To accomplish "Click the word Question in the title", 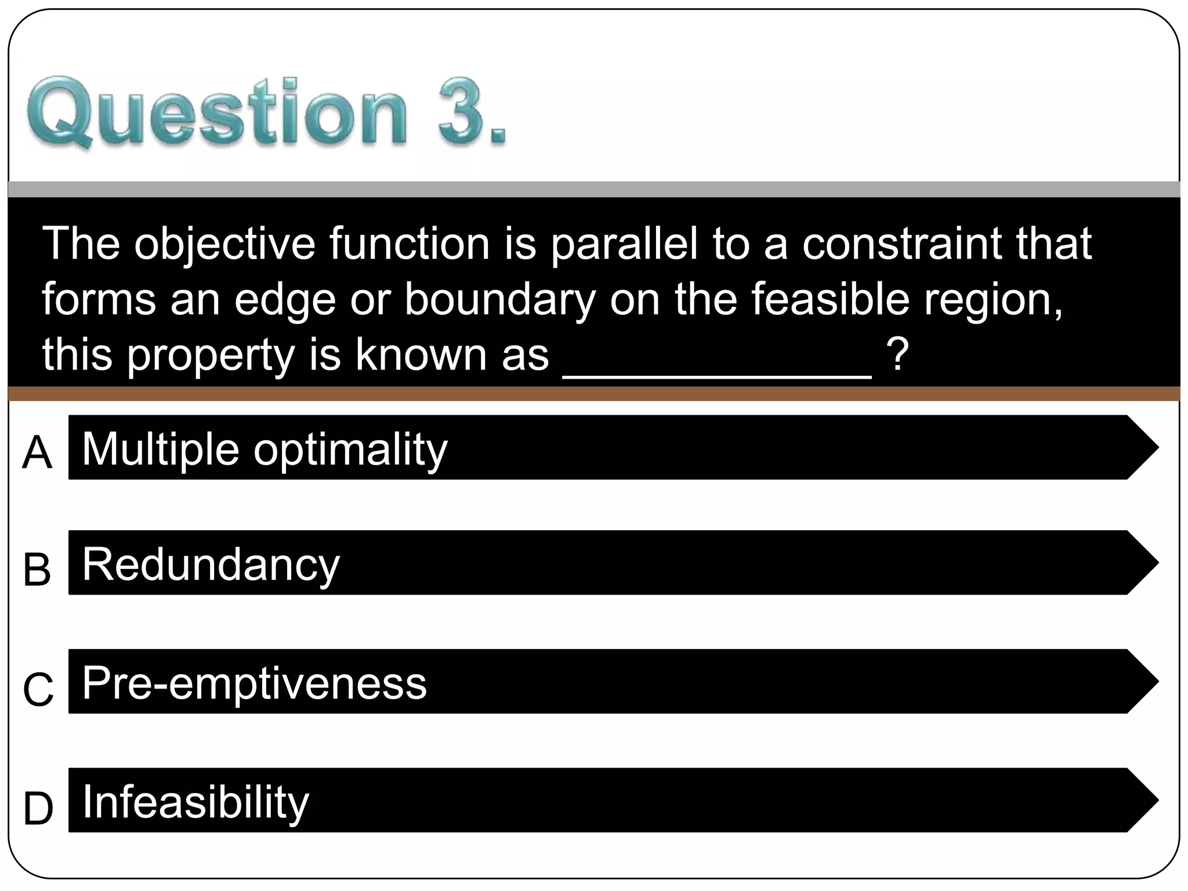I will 217,111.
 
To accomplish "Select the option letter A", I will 37,453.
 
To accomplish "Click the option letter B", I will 37,570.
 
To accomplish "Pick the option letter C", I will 38,689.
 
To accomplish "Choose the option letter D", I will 38,809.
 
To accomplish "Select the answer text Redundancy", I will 211,565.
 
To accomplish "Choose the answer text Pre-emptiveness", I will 254,683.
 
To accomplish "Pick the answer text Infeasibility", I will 195,802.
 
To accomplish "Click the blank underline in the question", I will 717,374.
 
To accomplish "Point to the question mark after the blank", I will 897,355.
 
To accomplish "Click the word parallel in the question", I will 624,244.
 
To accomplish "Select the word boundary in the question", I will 500,300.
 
